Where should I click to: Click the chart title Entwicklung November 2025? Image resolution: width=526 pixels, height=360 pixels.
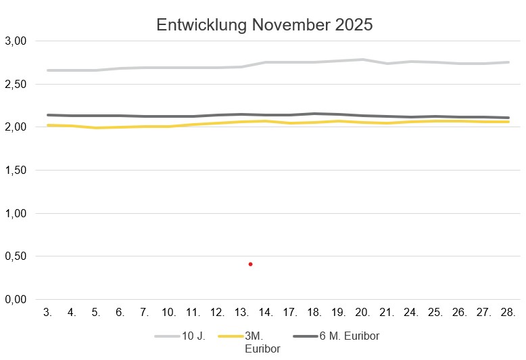click(x=264, y=25)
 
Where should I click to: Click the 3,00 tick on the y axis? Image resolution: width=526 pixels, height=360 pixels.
click(x=15, y=41)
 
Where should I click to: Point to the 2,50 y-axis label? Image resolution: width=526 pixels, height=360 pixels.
click(x=15, y=84)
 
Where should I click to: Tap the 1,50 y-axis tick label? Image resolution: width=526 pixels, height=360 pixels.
click(x=15, y=170)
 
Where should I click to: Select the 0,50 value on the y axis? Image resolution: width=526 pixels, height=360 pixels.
click(x=15, y=256)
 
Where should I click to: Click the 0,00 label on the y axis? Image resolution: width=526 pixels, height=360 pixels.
click(x=15, y=299)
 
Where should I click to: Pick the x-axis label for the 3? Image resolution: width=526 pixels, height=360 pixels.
click(x=47, y=313)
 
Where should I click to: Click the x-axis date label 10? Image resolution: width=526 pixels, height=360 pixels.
click(x=169, y=313)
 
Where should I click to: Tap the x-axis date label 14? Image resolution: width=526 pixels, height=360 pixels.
click(x=266, y=313)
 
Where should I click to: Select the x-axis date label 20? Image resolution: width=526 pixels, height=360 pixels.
click(x=362, y=313)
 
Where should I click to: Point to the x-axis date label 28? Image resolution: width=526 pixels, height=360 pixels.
click(x=508, y=313)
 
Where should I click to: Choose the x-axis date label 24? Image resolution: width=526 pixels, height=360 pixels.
click(x=411, y=313)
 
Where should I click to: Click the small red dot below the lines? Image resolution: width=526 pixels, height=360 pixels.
click(x=250, y=264)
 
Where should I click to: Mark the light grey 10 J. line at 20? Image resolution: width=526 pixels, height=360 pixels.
click(x=362, y=60)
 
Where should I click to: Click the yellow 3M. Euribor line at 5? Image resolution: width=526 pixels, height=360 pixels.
click(x=96, y=128)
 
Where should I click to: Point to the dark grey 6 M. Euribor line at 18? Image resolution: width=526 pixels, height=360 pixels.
click(x=314, y=114)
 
